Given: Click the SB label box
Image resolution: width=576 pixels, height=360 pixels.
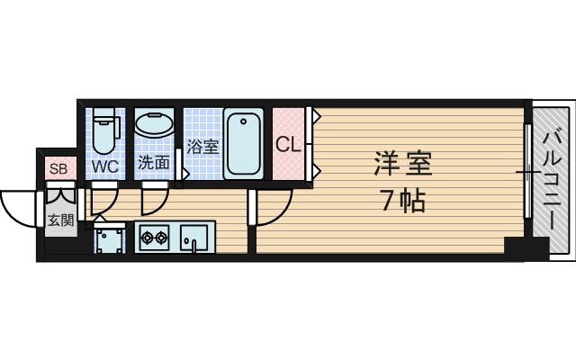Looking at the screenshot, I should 58,168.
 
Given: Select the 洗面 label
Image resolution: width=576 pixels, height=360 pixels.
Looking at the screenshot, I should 153,164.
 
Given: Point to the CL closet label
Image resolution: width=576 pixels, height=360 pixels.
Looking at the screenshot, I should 288,144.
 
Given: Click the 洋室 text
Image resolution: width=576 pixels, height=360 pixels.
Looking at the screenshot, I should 402,166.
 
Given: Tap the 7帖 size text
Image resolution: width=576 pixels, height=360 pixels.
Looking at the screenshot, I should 401,201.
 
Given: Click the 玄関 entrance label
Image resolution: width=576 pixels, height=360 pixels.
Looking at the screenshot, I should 59,220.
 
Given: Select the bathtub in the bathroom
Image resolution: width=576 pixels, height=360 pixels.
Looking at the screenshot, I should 243,143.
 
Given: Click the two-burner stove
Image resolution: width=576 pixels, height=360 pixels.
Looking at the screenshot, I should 154,238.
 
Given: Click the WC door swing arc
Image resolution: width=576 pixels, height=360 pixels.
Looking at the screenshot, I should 104,202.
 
